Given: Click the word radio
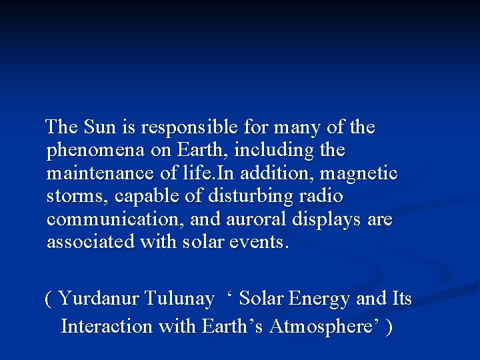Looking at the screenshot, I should pyautogui.click(x=322, y=197).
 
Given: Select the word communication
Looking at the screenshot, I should pyautogui.click(x=107, y=220).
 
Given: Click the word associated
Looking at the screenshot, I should pyautogui.click(x=91, y=242).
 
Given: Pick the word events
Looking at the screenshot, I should pyautogui.click(x=263, y=243).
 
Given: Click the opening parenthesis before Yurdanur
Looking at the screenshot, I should pyautogui.click(x=48, y=299).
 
